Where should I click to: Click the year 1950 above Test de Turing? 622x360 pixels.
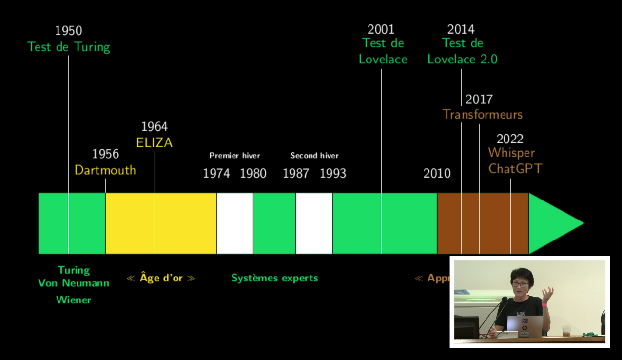[x=69, y=31]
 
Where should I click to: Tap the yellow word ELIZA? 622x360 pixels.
[x=155, y=143]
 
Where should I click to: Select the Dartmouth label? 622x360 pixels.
[x=105, y=170]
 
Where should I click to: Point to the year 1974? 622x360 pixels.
[x=216, y=173]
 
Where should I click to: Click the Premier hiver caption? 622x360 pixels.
[x=234, y=155]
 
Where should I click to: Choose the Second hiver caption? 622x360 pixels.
[x=314, y=155]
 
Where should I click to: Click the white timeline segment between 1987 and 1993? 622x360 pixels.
[x=314, y=223]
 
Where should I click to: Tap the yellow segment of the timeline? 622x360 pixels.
[x=161, y=223]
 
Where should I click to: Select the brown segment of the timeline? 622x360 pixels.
[x=483, y=223]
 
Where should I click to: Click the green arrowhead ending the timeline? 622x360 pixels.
[x=553, y=223]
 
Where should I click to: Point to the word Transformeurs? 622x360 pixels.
[x=483, y=115]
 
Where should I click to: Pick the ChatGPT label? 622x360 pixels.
[x=515, y=169]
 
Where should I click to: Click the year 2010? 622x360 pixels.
[x=437, y=173]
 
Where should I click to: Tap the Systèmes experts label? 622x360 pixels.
[x=274, y=278]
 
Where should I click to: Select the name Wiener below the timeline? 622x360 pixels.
[x=74, y=300]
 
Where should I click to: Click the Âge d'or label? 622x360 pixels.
[x=161, y=278]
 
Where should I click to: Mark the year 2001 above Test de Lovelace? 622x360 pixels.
[x=381, y=29]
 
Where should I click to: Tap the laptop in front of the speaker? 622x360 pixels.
[x=525, y=326]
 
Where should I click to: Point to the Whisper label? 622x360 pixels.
[x=511, y=153]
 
